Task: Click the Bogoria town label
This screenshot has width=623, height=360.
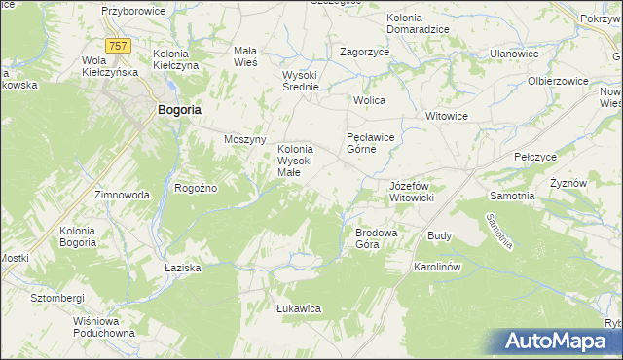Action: pos(179,111)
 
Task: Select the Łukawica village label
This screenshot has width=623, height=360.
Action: pos(299,308)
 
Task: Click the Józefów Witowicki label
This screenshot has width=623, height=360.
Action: pos(418,191)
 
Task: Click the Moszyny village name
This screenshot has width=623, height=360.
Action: pos(245,139)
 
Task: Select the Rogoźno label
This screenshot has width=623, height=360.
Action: pos(195,188)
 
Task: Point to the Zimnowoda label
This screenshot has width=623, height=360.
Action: pos(122,195)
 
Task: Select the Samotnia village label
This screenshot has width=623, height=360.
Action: pos(511,196)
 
